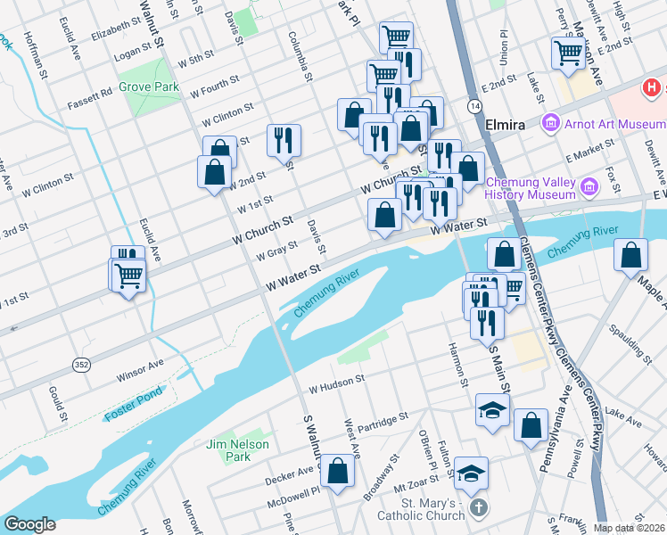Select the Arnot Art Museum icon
(x=550, y=123)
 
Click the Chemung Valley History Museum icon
(x=589, y=187)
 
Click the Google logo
(x=30, y=524)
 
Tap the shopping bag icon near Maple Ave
(x=631, y=255)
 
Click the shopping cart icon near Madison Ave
(x=568, y=53)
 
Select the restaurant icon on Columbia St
(x=284, y=139)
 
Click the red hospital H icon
(x=653, y=88)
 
